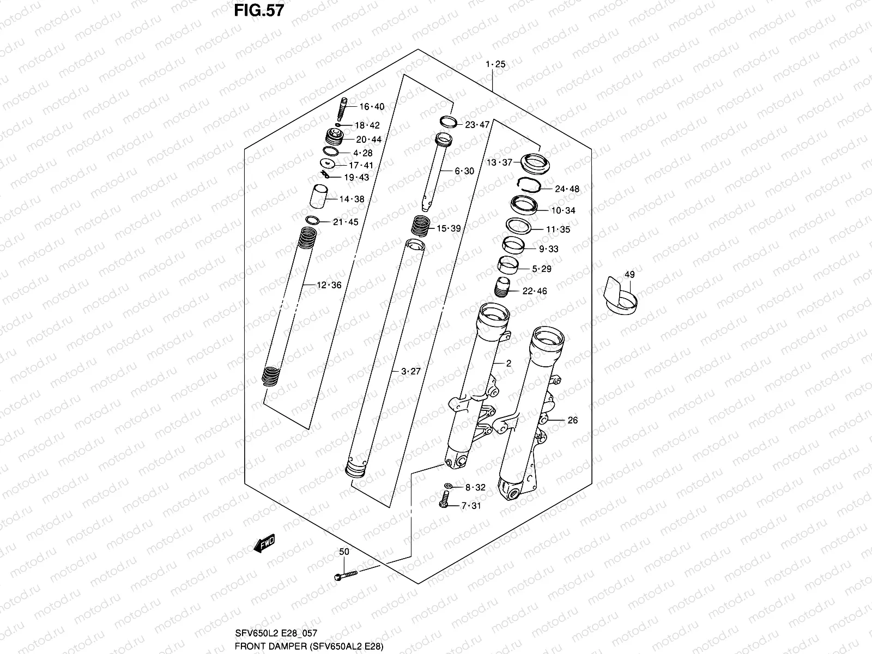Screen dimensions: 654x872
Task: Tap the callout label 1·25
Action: (495, 64)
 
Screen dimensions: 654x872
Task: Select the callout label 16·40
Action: (371, 107)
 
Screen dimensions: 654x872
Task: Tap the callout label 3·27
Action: (411, 372)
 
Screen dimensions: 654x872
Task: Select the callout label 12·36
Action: (329, 285)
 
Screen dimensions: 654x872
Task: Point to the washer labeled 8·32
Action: (447, 486)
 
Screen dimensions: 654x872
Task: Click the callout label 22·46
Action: (534, 291)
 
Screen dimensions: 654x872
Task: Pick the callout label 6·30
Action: (464, 171)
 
